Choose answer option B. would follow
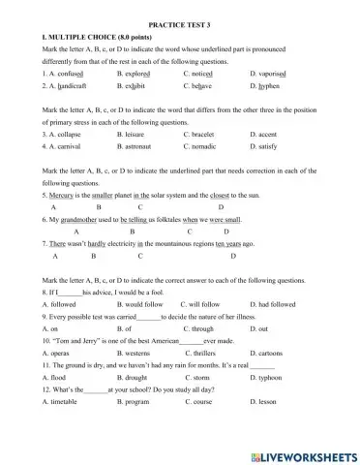131,304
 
